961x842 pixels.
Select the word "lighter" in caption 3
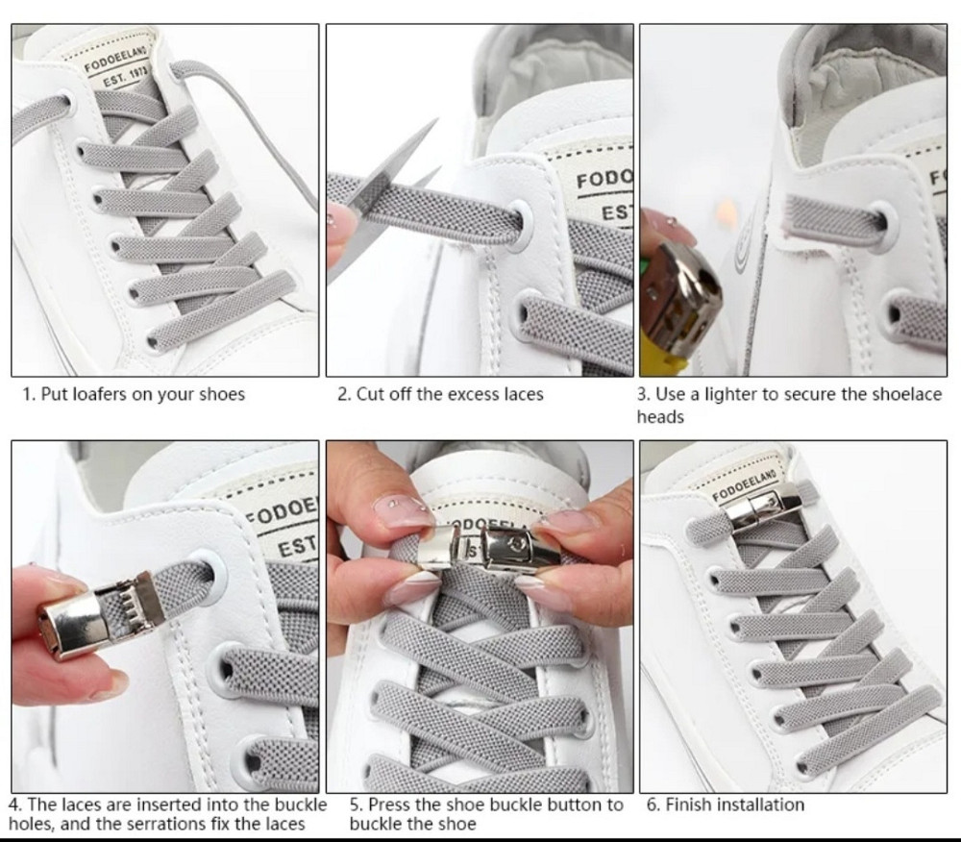[730, 394]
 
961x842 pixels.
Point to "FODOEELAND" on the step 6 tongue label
[744, 484]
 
